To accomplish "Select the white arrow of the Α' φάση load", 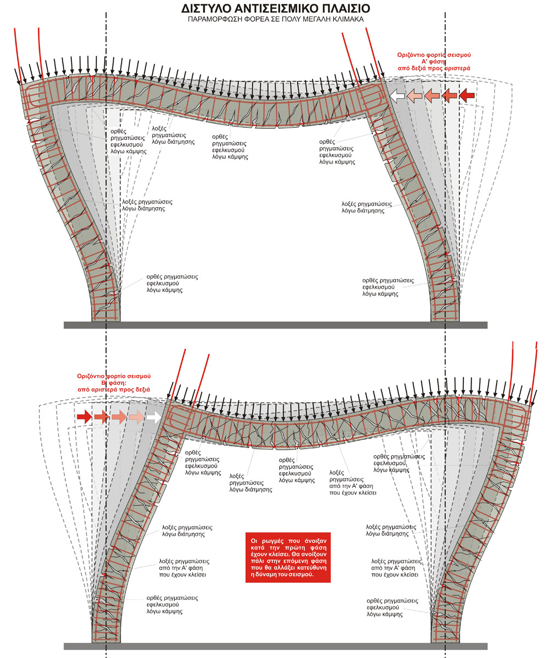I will click(x=397, y=96).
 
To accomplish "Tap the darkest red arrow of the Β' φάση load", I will click(x=84, y=417).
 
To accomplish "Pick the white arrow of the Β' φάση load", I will click(x=154, y=417).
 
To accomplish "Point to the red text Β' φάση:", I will click(x=113, y=383).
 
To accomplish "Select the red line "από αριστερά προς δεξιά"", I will click(x=113, y=389).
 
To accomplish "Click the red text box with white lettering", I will click(x=287, y=557).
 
